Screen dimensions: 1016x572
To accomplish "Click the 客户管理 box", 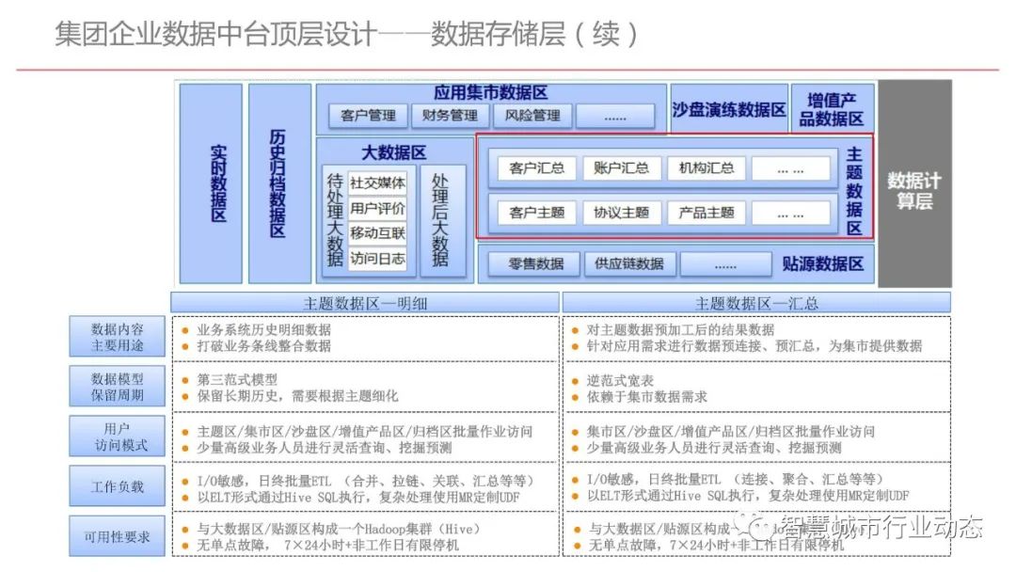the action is [368, 116].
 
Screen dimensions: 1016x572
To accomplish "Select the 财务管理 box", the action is [450, 116].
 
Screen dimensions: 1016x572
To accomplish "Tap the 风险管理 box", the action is [532, 116].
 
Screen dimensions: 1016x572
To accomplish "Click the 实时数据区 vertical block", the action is [211, 183].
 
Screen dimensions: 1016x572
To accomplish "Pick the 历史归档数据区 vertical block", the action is [279, 183].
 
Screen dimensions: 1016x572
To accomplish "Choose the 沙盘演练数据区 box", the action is [729, 109].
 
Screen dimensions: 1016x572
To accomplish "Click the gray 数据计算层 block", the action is [914, 183].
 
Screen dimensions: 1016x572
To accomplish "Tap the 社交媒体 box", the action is [377, 183].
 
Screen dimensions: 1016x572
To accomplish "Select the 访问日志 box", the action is [377, 258].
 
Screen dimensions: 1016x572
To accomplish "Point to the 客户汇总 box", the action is [536, 168].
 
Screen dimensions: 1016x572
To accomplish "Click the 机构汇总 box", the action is [706, 168].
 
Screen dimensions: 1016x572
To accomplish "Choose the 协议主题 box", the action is [621, 213].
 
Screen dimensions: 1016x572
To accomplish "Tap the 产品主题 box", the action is [706, 213].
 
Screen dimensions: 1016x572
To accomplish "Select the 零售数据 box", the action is [536, 264].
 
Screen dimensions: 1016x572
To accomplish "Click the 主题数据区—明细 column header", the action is [364, 303].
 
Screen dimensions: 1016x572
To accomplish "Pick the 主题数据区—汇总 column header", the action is [756, 303].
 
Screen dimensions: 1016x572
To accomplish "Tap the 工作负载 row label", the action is [117, 486].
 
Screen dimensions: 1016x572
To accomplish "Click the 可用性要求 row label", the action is [117, 537].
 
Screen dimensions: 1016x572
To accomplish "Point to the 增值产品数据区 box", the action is [833, 109].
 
